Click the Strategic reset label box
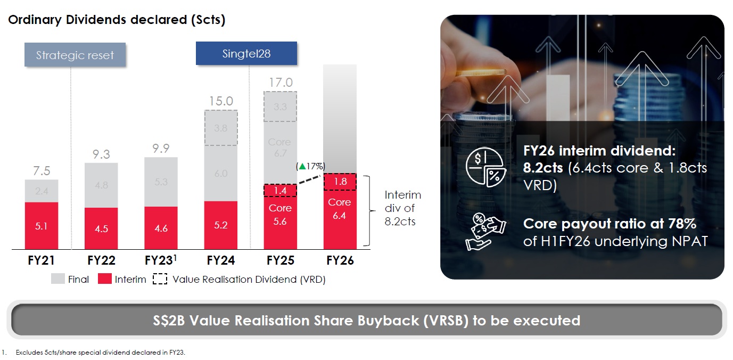click(75, 55)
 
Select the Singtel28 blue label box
click(246, 54)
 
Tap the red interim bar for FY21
click(42, 225)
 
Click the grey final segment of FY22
click(101, 185)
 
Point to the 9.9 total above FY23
click(161, 148)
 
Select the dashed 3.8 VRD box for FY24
click(221, 128)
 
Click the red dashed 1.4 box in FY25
click(280, 190)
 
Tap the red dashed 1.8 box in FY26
click(340, 182)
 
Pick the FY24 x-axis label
click(221, 261)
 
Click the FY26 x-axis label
click(340, 261)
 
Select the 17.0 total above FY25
click(281, 83)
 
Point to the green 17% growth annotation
click(311, 166)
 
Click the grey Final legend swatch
click(57, 279)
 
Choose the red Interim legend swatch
click(105, 279)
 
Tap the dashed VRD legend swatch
click(160, 279)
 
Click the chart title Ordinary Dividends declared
click(117, 20)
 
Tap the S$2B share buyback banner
click(366, 321)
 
